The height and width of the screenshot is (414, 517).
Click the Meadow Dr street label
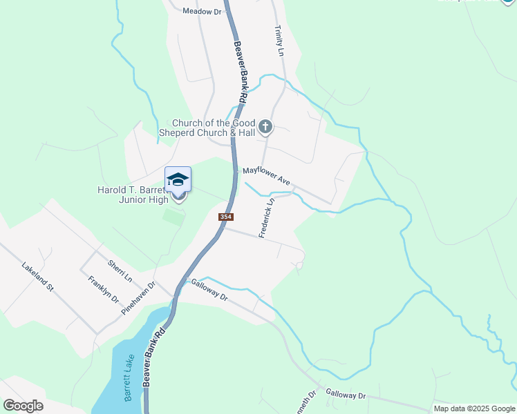tap(202, 12)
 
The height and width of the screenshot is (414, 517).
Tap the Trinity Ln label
tap(279, 41)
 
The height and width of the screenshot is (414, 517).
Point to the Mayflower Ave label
tap(266, 176)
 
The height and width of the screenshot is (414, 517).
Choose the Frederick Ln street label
tap(267, 218)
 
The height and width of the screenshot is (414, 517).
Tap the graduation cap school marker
tap(178, 181)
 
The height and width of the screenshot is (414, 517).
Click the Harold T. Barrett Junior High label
tap(139, 195)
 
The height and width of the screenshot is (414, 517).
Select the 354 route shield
tap(225, 217)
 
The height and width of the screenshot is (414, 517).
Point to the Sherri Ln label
tap(120, 270)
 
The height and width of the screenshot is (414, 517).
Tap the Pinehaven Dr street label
tap(139, 297)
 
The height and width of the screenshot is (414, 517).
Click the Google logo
tap(23, 406)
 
